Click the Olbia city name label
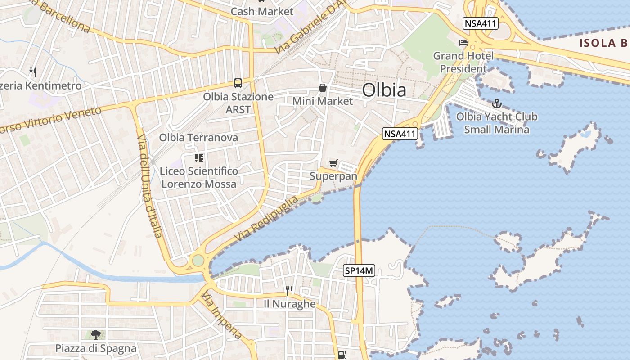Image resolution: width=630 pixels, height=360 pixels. coord(384,90)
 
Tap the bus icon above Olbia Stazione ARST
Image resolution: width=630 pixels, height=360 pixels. coord(238,83)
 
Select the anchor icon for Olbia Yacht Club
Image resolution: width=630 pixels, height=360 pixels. coord(496,103)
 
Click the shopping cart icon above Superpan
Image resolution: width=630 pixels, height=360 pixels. coord(333,163)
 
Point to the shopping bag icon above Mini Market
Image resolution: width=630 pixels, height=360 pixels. coord(323,87)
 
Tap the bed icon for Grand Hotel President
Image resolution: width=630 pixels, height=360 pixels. coord(463,43)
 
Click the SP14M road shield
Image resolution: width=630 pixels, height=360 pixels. coord(359,270)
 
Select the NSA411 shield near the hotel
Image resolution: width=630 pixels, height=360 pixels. coord(481,23)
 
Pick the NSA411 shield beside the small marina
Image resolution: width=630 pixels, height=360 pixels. coord(400,133)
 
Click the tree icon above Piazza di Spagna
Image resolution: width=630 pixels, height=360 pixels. coord(95,334)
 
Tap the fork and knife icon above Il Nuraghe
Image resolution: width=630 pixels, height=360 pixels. coord(289,290)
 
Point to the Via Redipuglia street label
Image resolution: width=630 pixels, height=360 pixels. coord(266,218)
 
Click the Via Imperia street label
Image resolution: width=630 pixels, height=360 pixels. coord(222,315)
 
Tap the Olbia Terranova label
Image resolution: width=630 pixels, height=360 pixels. coord(198,138)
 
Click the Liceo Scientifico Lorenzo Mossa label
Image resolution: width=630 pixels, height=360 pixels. coord(199,177)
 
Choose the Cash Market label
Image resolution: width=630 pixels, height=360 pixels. coord(262,11)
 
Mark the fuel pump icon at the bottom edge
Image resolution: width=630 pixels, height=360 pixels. coord(342,355)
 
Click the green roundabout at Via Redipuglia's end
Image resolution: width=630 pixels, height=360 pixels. coord(198,260)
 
